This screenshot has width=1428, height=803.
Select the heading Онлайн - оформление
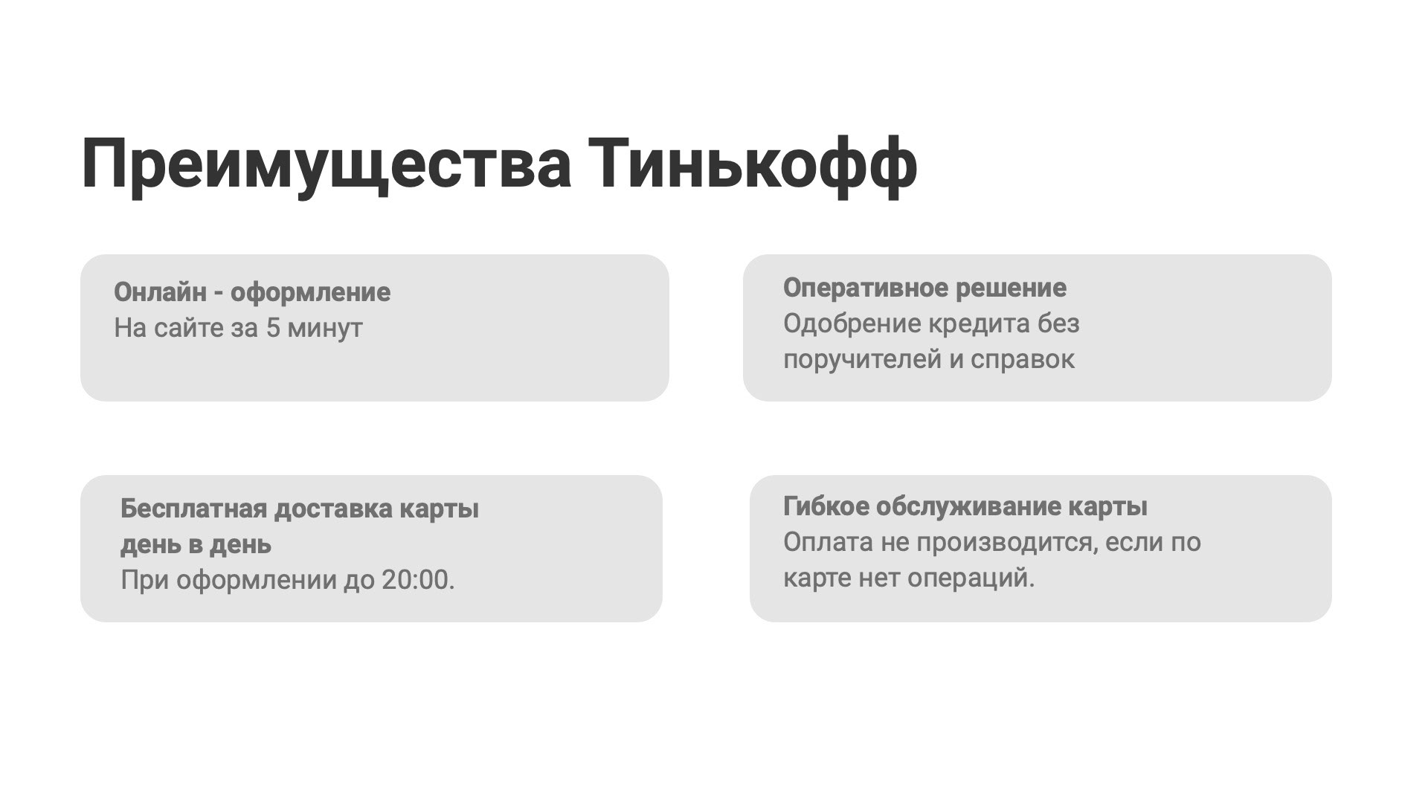click(251, 292)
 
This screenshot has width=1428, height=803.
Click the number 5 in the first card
click(273, 328)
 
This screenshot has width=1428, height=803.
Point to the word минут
click(325, 328)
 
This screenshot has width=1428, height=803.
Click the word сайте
click(188, 328)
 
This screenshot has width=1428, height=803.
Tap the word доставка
click(333, 509)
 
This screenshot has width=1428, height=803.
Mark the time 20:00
click(417, 580)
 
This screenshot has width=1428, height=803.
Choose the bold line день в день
click(196, 545)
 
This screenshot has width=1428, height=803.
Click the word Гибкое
click(826, 506)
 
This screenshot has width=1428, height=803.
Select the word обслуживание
click(968, 506)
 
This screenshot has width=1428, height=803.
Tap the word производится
click(1007, 543)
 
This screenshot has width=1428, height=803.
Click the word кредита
click(976, 323)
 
